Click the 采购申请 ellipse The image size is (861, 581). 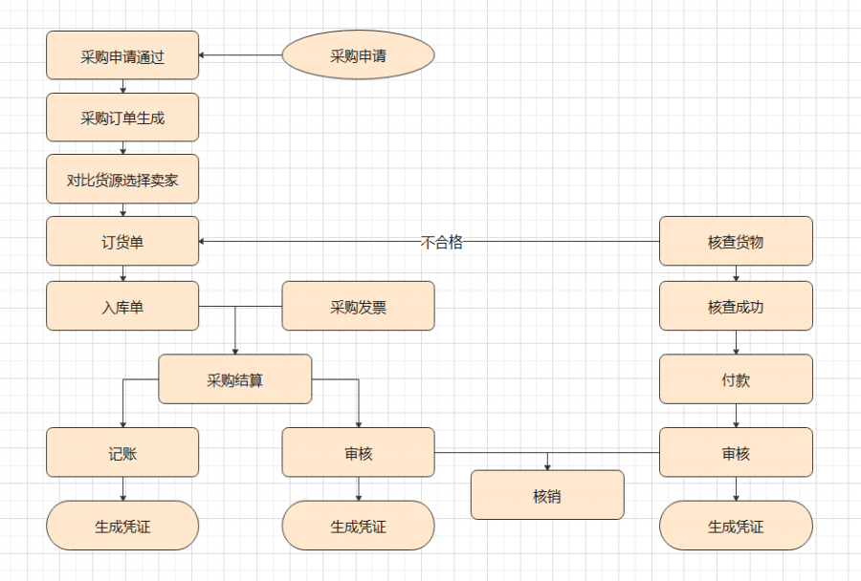point(358,55)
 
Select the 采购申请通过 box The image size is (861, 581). point(122,55)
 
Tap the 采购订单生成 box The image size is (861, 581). point(122,118)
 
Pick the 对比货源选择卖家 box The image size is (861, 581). point(122,179)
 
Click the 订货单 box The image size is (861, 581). point(122,241)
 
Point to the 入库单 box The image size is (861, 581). point(122,306)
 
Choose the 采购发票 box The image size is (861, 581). point(358,306)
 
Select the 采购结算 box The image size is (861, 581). point(234,378)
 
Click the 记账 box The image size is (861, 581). point(122,452)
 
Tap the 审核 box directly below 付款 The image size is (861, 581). point(736,452)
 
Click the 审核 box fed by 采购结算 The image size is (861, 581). point(358,452)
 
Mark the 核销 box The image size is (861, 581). point(547,495)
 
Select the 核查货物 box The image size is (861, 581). point(736,241)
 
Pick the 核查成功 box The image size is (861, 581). point(736,306)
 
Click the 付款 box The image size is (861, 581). point(736,378)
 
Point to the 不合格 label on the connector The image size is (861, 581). point(442,242)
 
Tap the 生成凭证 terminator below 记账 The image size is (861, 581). point(122,526)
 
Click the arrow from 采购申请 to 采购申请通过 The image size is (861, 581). point(240,55)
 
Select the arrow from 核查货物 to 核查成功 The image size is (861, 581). point(736,273)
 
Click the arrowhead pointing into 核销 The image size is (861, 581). point(547,466)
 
